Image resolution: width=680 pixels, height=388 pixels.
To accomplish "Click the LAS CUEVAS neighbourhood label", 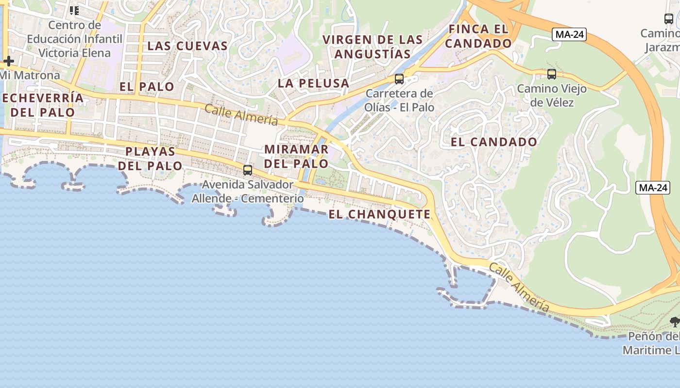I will pos(187,46).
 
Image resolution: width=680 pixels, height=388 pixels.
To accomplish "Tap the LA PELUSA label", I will pos(314,83).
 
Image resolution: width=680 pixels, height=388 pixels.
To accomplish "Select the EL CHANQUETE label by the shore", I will pos(379,214).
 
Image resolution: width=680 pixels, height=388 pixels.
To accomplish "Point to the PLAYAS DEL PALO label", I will pos(150,159).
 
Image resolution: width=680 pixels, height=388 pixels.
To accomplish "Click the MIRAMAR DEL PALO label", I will pos(296,156).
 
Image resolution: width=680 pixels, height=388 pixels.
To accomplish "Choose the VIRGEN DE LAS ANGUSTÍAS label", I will pos(373,47).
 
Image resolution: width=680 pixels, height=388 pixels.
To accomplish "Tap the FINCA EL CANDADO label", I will pos(478,36).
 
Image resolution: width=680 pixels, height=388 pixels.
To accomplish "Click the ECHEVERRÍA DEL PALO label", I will pos(43,105).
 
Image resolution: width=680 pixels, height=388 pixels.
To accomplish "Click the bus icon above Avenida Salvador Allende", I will pos(248,170).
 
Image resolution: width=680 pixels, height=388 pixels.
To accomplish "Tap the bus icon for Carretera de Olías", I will pos(399,79).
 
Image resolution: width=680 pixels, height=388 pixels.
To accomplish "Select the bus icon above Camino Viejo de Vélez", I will pos(552,74).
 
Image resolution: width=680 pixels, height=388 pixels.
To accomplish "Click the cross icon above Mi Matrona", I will pos(8,62).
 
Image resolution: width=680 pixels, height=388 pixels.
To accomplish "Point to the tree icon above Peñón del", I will pos(674,322).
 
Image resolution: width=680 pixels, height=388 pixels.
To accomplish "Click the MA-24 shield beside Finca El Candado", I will pos(569,34).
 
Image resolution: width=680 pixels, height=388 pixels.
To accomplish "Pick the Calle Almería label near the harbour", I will pos(519,288).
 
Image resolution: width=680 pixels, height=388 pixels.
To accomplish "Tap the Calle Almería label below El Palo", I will pos(241,115).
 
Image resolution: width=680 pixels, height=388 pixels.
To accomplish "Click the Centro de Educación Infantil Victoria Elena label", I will pos(75,39).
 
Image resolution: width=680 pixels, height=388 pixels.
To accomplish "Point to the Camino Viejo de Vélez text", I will pos(552,96).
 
